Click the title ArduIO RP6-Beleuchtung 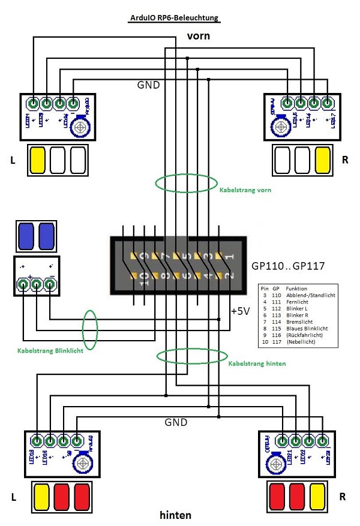click(x=175, y=19)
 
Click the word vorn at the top click(x=198, y=36)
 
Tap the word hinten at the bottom click(x=175, y=515)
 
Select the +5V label click(x=241, y=311)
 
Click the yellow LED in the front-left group click(x=38, y=159)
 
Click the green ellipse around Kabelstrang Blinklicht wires click(x=90, y=329)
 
